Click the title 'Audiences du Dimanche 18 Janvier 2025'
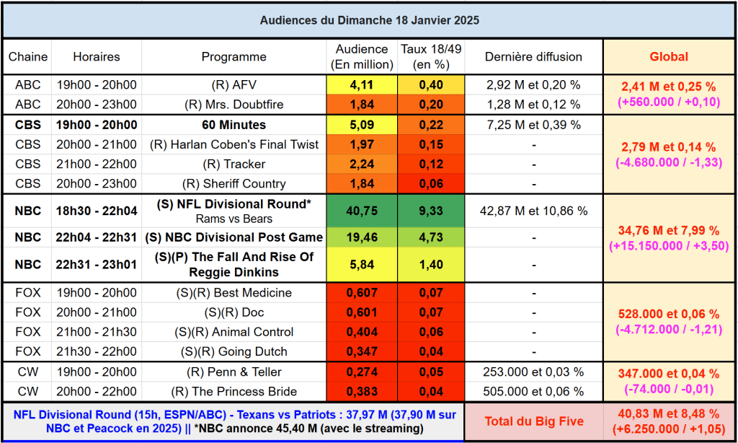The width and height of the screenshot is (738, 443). (369, 20)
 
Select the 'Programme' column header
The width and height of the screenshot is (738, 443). (234, 57)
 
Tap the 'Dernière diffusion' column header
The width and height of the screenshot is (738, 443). (533, 57)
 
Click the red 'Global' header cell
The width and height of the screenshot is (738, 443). (669, 57)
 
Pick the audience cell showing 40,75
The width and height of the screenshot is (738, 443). (362, 211)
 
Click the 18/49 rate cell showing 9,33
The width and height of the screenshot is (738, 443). (431, 211)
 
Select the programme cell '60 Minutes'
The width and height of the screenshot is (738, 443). (234, 125)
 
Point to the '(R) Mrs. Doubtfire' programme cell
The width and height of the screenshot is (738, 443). (234, 105)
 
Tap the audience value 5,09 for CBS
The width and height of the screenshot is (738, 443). (362, 125)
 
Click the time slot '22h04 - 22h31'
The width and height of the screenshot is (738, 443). (97, 237)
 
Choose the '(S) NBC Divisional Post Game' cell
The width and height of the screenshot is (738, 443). (234, 237)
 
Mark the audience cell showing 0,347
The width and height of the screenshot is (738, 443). (362, 352)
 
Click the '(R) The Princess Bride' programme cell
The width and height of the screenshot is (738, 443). (234, 392)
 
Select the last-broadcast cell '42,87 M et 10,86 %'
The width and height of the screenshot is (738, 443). (533, 211)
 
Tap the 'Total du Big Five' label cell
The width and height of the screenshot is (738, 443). (533, 419)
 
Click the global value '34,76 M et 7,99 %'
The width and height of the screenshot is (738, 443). (669, 231)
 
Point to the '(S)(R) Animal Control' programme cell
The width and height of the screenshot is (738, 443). (234, 333)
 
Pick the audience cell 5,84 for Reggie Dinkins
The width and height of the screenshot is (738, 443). (362, 265)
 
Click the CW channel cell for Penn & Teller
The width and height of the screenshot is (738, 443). (28, 372)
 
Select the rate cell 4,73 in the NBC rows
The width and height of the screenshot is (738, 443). (431, 237)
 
